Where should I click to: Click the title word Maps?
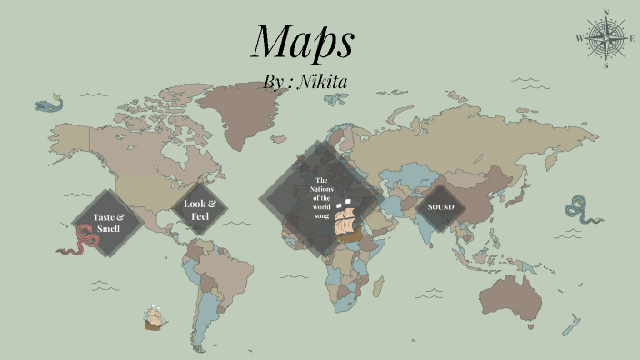click(x=302, y=42)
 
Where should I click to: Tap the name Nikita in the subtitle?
click(x=323, y=82)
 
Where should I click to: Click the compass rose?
click(x=605, y=39)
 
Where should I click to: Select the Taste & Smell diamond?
click(x=108, y=223)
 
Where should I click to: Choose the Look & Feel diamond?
click(x=199, y=210)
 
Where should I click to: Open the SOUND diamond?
click(x=441, y=206)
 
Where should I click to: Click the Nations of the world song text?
click(x=321, y=197)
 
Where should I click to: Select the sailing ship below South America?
click(x=154, y=317)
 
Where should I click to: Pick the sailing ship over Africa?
click(x=346, y=221)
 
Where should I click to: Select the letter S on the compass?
click(x=605, y=65)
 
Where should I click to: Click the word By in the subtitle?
click(x=274, y=82)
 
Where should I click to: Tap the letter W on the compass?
click(x=579, y=39)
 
